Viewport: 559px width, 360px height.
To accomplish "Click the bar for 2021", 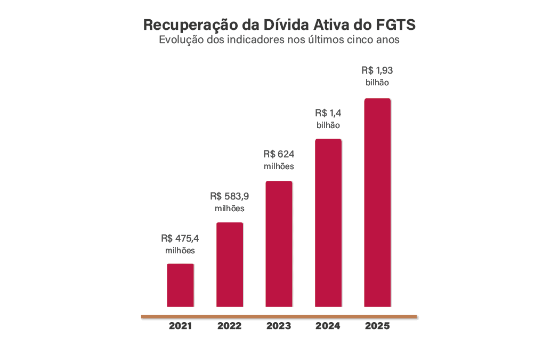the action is (x=181, y=285).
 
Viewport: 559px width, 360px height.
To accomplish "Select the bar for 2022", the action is (x=230, y=265).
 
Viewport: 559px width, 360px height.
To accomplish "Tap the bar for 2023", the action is (x=279, y=244).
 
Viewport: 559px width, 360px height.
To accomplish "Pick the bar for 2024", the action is (x=328, y=222).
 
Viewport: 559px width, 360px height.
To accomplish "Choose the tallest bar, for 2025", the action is (x=377, y=202).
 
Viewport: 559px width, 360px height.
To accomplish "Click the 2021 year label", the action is (x=181, y=326).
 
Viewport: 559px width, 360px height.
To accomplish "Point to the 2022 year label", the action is (x=230, y=326).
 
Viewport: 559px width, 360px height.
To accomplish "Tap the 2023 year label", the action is (x=279, y=326).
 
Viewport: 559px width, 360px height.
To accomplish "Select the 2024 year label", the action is (x=328, y=326).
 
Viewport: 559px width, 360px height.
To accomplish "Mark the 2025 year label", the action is (x=377, y=326).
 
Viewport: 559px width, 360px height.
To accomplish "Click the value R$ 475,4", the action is (x=180, y=238).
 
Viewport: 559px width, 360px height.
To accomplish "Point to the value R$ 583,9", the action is (x=230, y=196).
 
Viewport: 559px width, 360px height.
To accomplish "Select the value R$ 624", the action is (x=279, y=154).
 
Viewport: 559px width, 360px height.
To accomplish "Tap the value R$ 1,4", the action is (x=328, y=113).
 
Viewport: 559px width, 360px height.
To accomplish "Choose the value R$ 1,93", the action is (x=377, y=70).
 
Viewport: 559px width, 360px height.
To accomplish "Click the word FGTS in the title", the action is (x=396, y=25).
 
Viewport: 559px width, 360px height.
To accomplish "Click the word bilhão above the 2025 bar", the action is (x=377, y=83).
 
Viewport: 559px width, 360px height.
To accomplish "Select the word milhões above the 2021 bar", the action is (x=180, y=251).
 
